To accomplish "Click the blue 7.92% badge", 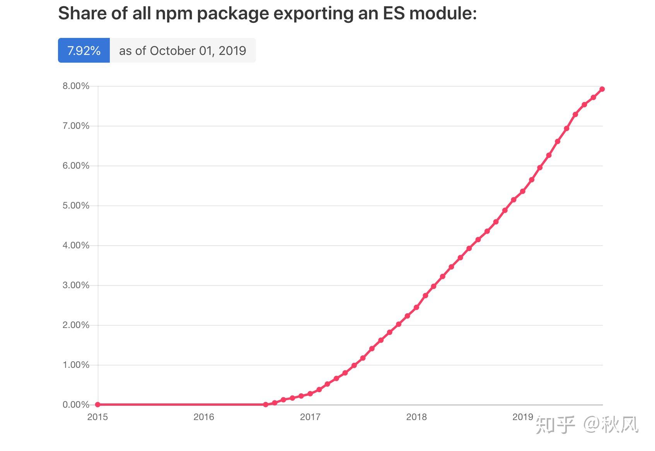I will [84, 50].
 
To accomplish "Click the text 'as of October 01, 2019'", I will [182, 50].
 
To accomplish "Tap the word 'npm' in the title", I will [172, 14].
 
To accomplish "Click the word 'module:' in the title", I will [443, 14].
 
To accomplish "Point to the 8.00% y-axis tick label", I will [76, 86].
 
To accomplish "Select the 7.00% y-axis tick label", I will [76, 126].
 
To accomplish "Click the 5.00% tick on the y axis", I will [76, 205].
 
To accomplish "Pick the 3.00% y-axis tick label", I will [76, 285].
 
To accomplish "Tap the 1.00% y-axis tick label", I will [76, 365].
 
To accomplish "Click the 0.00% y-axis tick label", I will [76, 405].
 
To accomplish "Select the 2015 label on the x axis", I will [97, 417].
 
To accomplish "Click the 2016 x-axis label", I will [204, 417].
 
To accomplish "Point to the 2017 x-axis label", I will [310, 417].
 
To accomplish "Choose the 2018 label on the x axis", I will [416, 417].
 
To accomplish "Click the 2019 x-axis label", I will [522, 417].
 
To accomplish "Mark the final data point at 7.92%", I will [602, 89].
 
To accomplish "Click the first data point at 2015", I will [98, 405].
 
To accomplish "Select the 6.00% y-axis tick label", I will [76, 166].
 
